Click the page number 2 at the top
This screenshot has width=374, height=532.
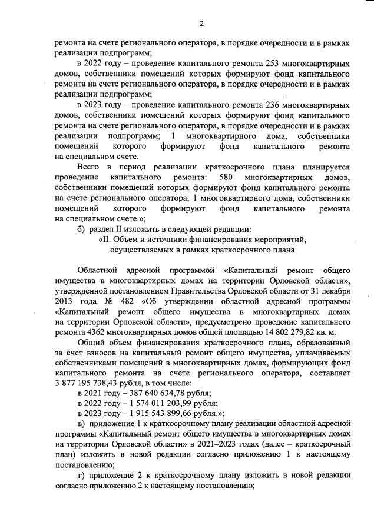[201, 24]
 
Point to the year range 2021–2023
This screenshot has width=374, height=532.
[230, 448]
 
